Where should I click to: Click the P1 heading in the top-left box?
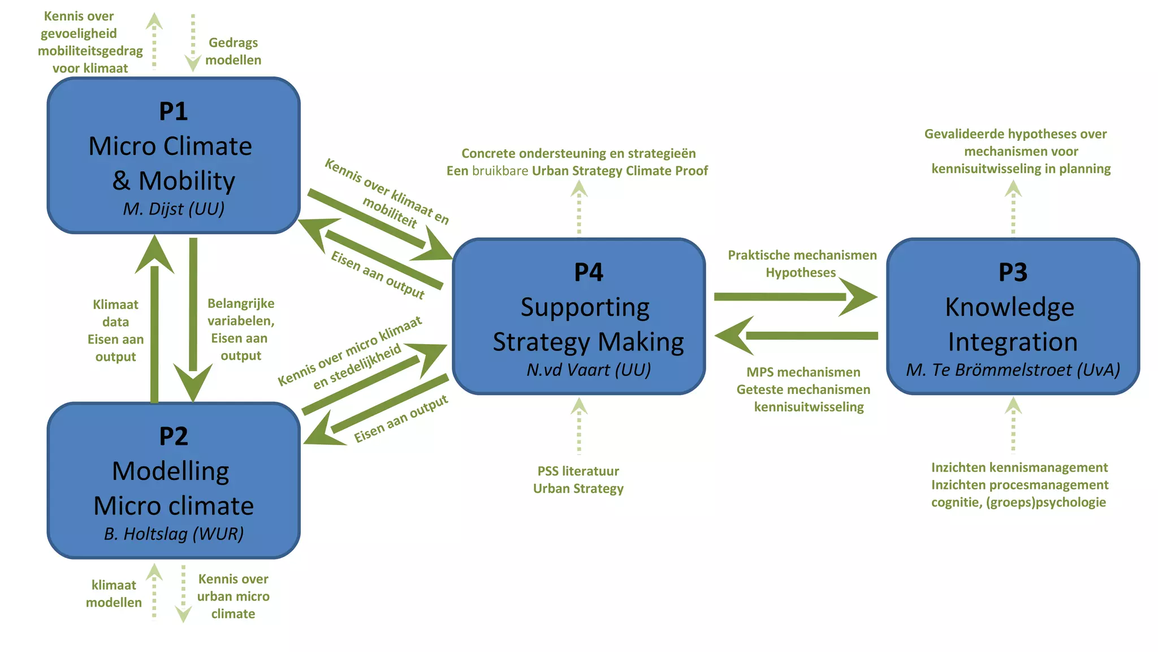pos(173,111)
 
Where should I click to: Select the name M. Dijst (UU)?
pos(174,209)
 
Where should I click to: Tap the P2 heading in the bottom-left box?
pos(173,436)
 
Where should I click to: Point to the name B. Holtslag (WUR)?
pos(174,534)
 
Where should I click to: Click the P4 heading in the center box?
pos(588,272)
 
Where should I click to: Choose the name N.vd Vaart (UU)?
pos(588,370)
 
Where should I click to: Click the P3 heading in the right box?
pos(1013,272)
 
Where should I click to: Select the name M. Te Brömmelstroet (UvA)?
pos(1013,370)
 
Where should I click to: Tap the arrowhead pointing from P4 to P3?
pos(859,297)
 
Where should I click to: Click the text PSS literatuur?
pos(578,471)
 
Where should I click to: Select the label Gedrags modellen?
pos(233,51)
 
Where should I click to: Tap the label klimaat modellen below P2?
pos(114,594)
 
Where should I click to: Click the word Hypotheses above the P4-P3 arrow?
pos(800,272)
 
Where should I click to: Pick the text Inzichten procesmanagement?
pos(1019,484)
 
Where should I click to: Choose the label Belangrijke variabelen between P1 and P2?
pos(241,312)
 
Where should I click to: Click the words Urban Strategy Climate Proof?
pos(620,170)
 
